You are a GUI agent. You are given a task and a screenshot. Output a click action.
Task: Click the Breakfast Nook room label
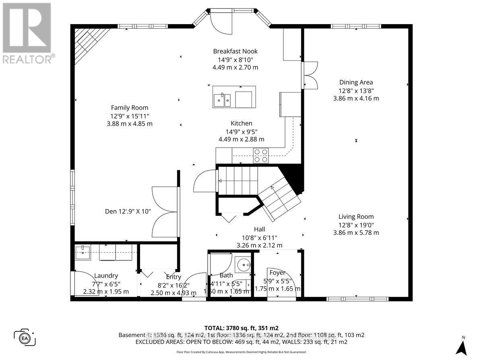(x=235, y=51)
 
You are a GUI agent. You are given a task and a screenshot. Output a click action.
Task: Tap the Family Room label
(x=130, y=107)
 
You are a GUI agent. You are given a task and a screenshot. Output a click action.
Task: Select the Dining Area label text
(x=356, y=82)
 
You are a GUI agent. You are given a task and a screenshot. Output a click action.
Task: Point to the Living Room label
(x=356, y=216)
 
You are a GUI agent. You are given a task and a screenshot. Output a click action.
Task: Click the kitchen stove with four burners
(x=261, y=155)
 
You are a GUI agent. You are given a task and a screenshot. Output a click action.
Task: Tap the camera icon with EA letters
(x=25, y=337)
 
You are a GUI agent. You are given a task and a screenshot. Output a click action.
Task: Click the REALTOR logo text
(x=28, y=59)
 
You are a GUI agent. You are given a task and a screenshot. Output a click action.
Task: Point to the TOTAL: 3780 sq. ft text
(x=242, y=328)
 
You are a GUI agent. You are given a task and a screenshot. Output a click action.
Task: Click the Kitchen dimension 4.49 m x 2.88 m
(x=242, y=139)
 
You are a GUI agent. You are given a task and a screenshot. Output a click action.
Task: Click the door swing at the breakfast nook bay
(x=221, y=24)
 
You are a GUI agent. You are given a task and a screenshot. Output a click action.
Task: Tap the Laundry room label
(x=106, y=276)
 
